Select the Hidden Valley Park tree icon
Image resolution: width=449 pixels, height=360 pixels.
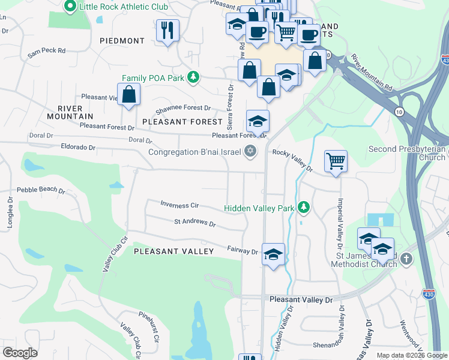pos(304,208)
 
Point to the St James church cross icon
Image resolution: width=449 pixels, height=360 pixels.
pos(406,259)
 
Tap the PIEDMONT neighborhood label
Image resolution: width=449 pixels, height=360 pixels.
pos(122,41)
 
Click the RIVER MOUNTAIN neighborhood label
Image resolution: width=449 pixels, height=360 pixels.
pos(75,112)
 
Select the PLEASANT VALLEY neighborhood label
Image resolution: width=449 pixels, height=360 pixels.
pos(173,251)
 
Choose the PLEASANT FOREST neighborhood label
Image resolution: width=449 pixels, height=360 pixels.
pos(182,122)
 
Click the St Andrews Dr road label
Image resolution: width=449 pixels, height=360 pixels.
pos(194,223)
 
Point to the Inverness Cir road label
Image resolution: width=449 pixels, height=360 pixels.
pos(179,204)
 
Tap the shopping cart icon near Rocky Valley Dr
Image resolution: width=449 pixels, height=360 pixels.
pos(336,161)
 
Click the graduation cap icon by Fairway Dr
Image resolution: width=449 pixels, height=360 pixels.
pos(273,254)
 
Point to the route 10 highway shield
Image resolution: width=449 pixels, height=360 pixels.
pos(399,112)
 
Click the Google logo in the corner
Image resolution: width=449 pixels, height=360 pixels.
pos(20,353)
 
